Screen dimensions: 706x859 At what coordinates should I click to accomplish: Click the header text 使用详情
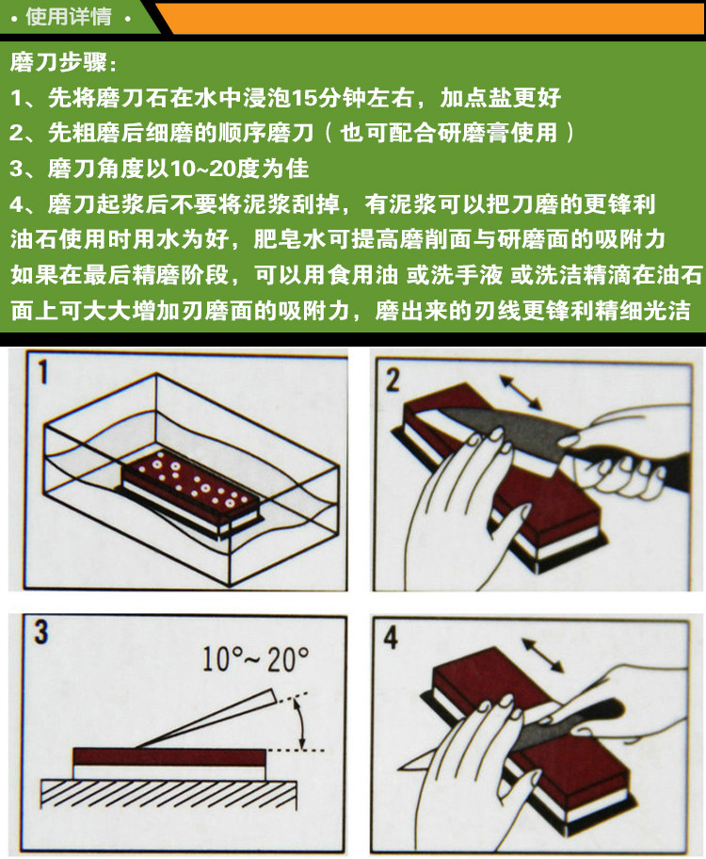pos(69,16)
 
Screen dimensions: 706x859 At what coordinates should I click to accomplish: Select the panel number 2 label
pos(393,380)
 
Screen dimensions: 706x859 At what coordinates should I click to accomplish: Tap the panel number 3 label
pos(41,632)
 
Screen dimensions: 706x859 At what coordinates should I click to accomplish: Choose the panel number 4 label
pos(390,637)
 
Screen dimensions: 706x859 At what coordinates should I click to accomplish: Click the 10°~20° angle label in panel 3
pos(256,658)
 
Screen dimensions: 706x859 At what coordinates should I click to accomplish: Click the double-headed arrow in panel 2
pos(521,392)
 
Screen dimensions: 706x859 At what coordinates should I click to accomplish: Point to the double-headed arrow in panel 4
pos(542,656)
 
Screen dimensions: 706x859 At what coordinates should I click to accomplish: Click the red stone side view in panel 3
pos(169,757)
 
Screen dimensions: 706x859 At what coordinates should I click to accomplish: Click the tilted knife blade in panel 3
pos(206,719)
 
